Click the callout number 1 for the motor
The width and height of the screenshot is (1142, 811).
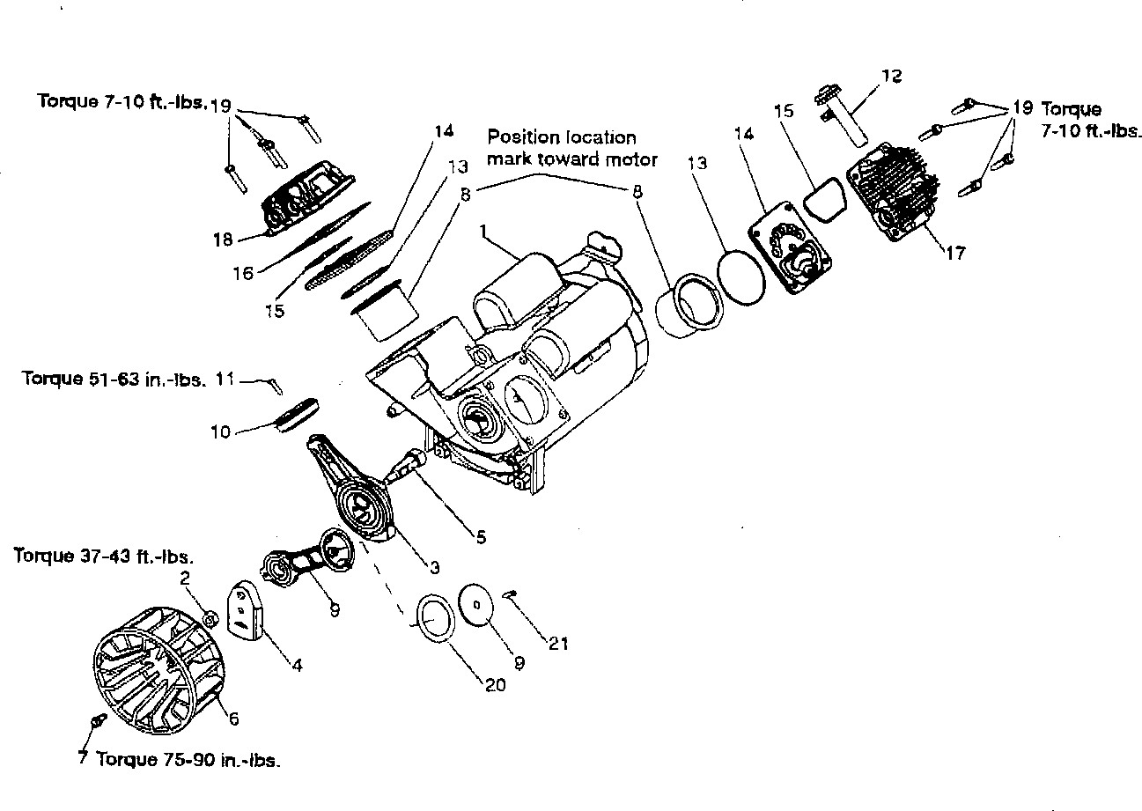(483, 232)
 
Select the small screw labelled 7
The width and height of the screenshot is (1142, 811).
(99, 720)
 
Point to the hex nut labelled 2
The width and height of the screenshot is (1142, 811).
(210, 619)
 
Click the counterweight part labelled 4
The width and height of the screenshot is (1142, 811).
(244, 609)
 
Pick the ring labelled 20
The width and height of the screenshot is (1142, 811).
(436, 617)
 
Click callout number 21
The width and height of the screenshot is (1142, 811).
(558, 644)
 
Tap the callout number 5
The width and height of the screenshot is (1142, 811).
(482, 536)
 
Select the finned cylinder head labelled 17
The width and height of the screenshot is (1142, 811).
(893, 192)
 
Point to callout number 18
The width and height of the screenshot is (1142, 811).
(223, 239)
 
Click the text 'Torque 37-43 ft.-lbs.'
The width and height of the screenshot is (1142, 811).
(104, 555)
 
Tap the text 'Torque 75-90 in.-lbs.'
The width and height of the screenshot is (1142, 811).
(188, 760)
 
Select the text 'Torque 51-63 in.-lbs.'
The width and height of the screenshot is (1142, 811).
(114, 380)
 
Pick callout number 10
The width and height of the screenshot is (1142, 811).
(221, 431)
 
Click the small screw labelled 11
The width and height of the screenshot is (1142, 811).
(275, 386)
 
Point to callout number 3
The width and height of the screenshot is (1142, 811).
(434, 567)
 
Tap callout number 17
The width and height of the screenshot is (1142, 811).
(955, 253)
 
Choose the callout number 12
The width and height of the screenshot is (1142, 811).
(892, 76)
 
